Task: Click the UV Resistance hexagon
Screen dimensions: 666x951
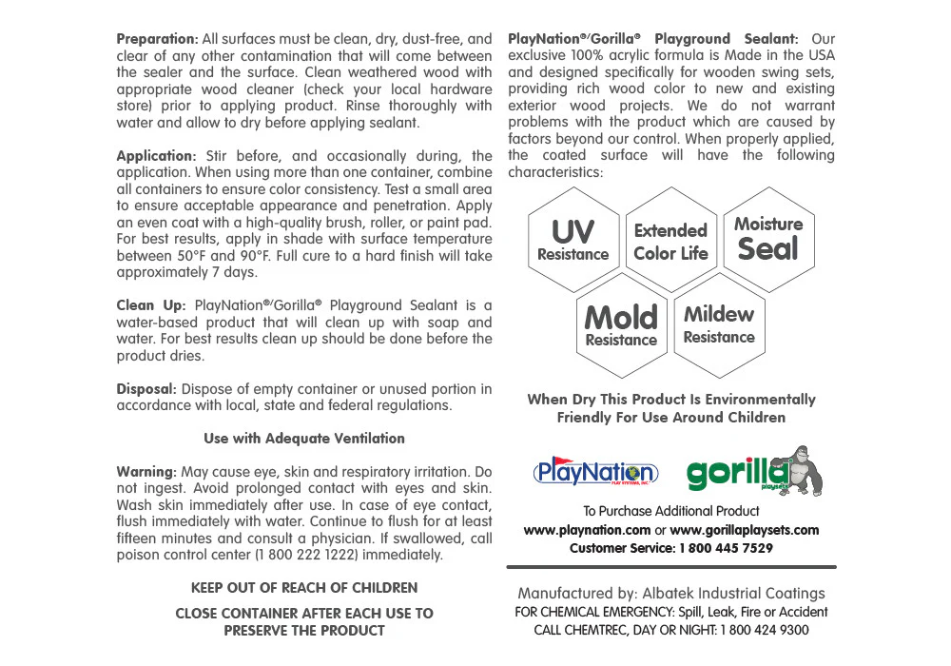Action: coord(573,241)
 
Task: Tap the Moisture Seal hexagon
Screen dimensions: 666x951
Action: coord(768,240)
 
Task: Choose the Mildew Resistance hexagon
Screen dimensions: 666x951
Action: coord(719,323)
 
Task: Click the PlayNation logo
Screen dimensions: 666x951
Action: coord(595,472)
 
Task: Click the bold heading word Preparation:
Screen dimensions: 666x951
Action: coord(157,39)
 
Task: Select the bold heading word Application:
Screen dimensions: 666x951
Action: coord(156,156)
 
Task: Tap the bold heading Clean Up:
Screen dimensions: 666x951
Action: coord(150,305)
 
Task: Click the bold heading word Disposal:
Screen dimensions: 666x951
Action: coord(146,389)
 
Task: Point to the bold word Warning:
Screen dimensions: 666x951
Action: coord(146,472)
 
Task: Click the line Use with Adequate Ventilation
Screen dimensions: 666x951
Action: coord(304,439)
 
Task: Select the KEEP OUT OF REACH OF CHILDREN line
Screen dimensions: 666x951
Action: coord(304,588)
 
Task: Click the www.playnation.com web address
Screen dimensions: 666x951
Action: coord(587,530)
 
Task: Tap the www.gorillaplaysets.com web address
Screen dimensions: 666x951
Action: coord(745,530)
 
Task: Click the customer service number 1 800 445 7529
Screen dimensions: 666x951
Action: coord(726,548)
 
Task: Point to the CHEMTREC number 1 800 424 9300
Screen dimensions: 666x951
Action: coord(765,630)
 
